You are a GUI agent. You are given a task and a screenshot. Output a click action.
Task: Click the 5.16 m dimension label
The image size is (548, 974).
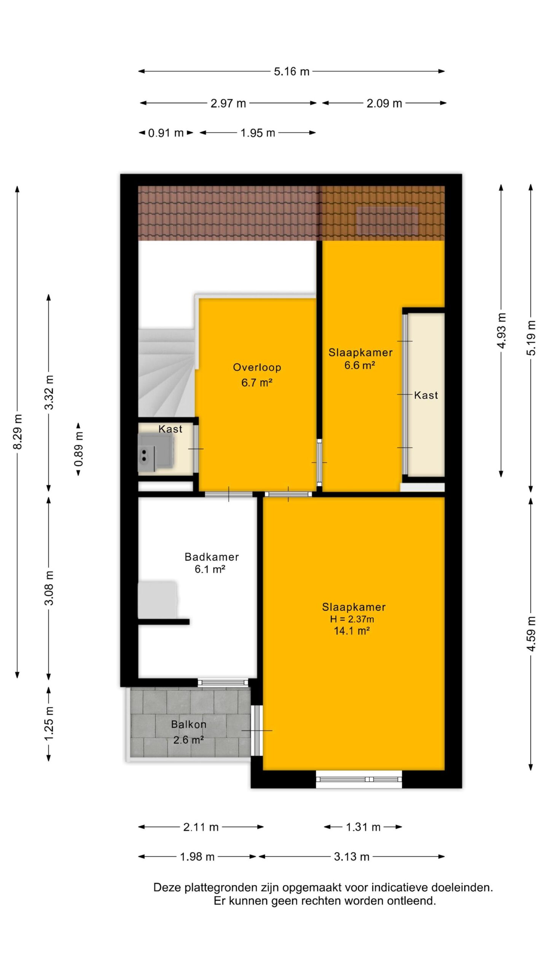tap(292, 72)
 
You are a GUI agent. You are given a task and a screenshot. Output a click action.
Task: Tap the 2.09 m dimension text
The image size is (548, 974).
tap(384, 103)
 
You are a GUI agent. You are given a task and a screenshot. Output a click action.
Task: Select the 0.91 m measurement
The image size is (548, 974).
tap(166, 133)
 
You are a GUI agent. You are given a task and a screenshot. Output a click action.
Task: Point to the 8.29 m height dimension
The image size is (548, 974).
tap(18, 431)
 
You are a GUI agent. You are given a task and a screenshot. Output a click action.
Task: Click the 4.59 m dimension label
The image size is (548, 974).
tap(531, 633)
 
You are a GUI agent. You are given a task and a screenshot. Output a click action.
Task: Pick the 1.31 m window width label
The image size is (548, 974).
tap(363, 827)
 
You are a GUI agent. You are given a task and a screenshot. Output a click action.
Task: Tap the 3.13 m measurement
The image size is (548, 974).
tap(352, 857)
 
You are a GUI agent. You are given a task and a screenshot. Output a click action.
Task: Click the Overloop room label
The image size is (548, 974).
tap(257, 368)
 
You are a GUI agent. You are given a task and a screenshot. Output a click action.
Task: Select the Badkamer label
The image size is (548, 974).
tap(212, 557)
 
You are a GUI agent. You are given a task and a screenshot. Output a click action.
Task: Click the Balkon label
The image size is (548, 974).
tap(189, 724)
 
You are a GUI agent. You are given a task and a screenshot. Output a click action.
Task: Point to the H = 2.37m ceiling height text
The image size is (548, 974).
tap(352, 619)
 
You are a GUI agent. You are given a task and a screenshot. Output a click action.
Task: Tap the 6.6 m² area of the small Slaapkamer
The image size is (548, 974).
tap(360, 366)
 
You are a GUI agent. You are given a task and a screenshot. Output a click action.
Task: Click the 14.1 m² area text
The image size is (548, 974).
tap(352, 631)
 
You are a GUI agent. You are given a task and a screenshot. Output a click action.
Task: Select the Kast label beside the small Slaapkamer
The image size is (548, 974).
tap(426, 395)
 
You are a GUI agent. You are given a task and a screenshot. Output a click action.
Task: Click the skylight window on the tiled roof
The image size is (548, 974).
tap(387, 221)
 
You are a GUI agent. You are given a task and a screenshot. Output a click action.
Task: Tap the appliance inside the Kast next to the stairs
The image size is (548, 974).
tap(155, 453)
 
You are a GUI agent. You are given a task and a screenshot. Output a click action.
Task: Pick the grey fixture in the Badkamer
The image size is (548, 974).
tap(157, 600)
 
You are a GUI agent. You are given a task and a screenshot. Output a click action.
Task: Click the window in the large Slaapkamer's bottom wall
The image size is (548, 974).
tap(359, 779)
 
